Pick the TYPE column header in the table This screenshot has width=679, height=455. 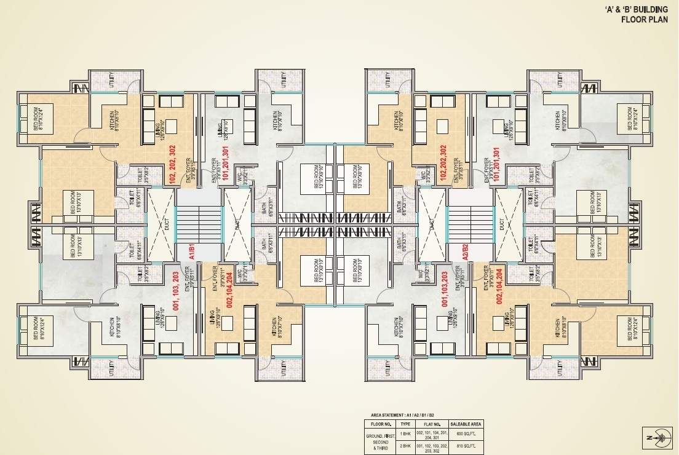click(405, 424)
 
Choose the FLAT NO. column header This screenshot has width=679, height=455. click(432, 424)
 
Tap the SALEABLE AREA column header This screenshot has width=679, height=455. click(467, 424)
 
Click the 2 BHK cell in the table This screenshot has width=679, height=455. click(405, 447)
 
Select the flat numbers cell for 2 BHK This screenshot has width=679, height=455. click(432, 447)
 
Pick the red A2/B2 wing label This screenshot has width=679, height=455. click(466, 252)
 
